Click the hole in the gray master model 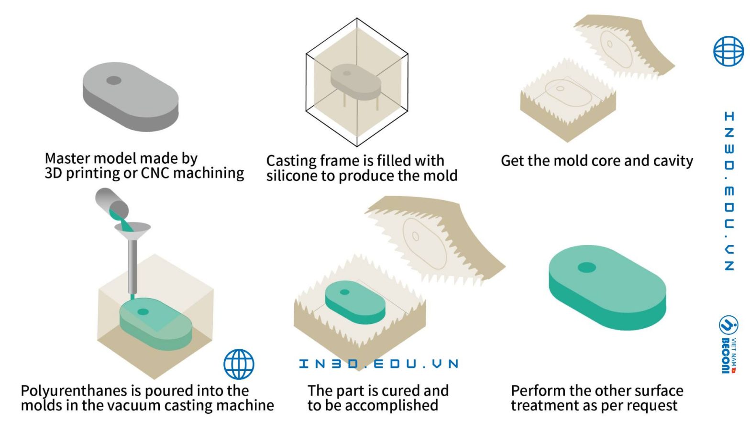[114, 80]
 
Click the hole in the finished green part [586, 267]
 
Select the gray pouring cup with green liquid [112, 203]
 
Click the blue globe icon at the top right [728, 51]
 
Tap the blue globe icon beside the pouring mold [239, 364]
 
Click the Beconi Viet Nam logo [728, 344]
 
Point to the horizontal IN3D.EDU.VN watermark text [379, 364]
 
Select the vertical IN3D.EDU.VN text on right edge [729, 191]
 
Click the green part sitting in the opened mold [355, 302]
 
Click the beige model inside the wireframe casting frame [355, 82]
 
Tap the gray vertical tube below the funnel [133, 267]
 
